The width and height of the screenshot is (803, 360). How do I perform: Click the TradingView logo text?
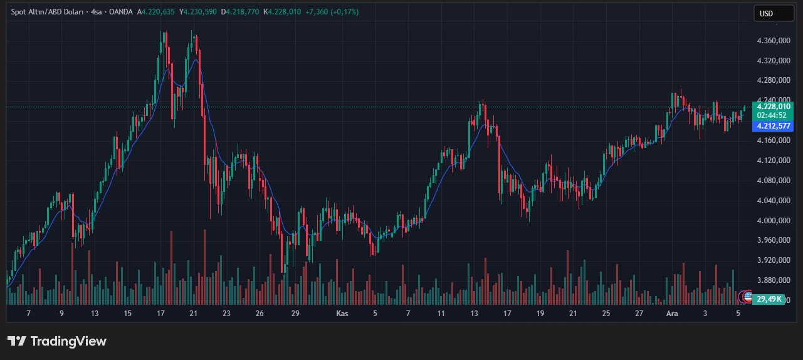(57, 341)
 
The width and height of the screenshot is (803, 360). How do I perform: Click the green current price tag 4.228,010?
(774, 107)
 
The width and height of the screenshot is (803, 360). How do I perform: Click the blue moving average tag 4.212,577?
(774, 126)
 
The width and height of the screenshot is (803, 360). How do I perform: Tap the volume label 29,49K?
(769, 299)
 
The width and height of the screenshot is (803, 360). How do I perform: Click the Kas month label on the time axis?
(342, 313)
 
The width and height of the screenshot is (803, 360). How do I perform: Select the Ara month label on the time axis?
(672, 313)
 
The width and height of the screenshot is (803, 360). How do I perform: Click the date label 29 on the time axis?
(296, 313)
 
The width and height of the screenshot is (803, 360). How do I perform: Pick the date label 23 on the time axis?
(226, 313)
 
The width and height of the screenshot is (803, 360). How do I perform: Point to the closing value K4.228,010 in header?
(282, 12)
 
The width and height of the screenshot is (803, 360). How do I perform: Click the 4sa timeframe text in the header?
(97, 12)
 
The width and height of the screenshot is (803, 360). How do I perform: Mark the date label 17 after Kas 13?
(507, 313)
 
